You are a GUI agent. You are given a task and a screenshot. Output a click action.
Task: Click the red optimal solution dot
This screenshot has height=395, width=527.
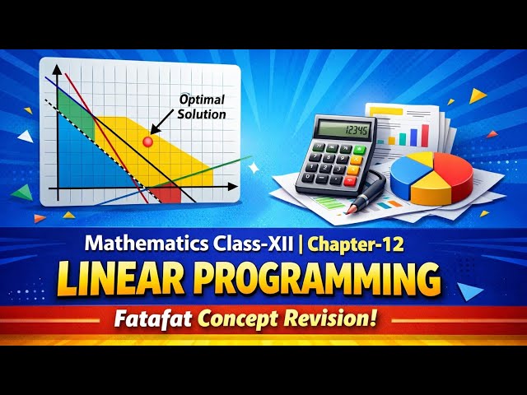148,142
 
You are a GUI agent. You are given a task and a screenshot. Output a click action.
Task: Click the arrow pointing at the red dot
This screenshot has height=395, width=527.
166,125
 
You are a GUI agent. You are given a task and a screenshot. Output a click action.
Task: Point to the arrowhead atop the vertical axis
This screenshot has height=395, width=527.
56,70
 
